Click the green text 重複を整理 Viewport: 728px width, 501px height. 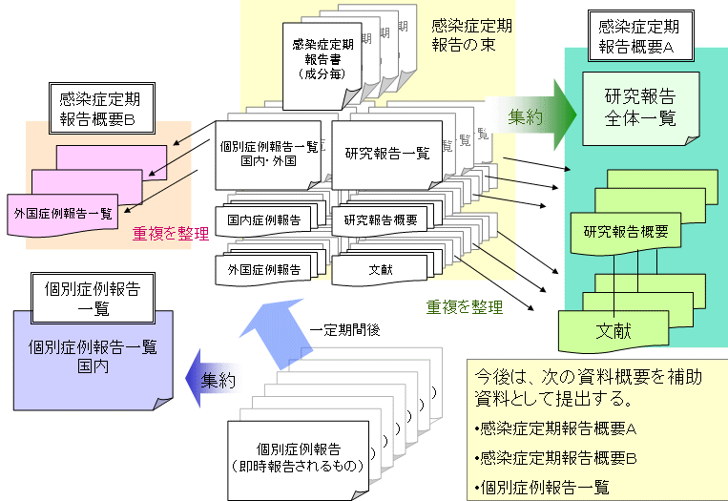tap(465, 307)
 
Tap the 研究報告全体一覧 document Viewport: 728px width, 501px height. tap(639, 108)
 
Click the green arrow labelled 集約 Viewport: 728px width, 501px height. tap(530, 117)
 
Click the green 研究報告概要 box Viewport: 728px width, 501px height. tap(625, 231)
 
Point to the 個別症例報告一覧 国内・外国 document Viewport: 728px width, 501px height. tap(268, 153)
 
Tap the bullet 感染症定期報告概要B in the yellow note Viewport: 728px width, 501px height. tap(557, 457)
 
